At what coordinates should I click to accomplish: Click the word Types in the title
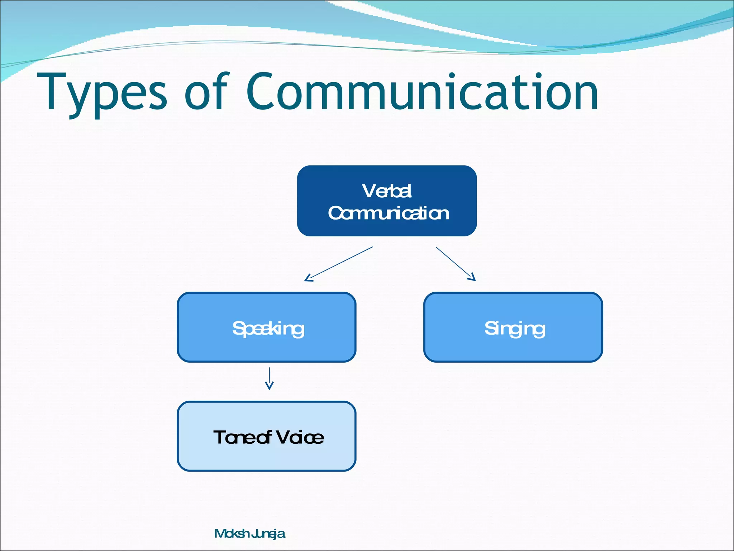[x=102, y=93]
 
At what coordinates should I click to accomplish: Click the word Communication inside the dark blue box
[x=388, y=213]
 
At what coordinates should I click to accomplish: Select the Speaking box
[x=267, y=327]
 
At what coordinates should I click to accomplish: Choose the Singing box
[x=513, y=327]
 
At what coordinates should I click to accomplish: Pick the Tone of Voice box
[x=267, y=436]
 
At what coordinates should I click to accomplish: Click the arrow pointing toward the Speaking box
[x=338, y=264]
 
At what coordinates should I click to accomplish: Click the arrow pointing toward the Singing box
[x=455, y=263]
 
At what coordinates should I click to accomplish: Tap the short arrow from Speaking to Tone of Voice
[x=269, y=378]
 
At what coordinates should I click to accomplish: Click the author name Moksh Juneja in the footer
[x=249, y=534]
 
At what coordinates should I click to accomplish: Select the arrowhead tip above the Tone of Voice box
[x=269, y=389]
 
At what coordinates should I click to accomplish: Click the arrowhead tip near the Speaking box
[x=305, y=281]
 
